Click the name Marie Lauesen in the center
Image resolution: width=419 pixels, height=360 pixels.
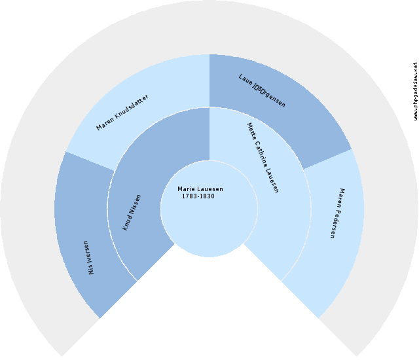coord(200,189)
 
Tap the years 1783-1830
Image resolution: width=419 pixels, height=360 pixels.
coord(198,196)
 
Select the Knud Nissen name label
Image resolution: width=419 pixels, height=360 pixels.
coord(132,211)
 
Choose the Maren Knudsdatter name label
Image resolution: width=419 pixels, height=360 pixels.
coord(122,112)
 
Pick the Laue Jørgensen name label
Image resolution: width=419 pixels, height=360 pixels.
coord(262,90)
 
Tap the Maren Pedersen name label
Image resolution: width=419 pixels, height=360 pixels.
coord(337,213)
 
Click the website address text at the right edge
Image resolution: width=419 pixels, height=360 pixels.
coord(415,92)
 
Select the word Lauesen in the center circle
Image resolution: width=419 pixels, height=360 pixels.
coord(209,189)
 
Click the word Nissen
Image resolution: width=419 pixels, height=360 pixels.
coord(134,205)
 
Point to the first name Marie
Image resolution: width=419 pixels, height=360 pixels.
coord(186,189)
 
